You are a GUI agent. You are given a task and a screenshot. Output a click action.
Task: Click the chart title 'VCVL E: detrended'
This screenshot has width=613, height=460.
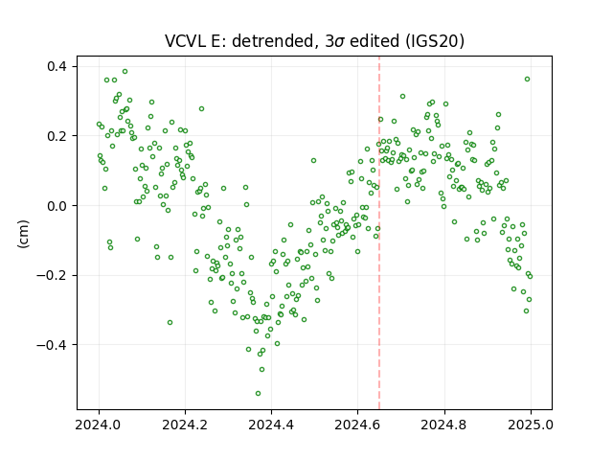[x=239, y=41]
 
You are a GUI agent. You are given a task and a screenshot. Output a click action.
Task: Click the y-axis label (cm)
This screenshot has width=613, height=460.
[x=23, y=234]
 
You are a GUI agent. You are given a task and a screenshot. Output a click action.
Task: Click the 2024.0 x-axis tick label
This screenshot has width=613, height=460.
[x=99, y=425]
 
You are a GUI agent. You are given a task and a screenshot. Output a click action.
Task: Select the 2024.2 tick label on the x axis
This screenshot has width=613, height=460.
[x=185, y=425]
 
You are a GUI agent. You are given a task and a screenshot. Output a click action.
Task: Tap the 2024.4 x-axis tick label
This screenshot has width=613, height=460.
[x=271, y=425]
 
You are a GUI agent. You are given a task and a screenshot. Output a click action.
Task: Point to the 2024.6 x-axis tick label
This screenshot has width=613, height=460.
[x=357, y=425]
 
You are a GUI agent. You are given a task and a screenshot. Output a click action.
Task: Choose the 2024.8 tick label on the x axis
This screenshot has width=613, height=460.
[x=444, y=425]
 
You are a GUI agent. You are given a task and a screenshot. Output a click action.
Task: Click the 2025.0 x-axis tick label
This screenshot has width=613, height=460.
[x=531, y=425]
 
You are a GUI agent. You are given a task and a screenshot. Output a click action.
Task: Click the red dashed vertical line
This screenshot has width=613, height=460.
[x=379, y=233]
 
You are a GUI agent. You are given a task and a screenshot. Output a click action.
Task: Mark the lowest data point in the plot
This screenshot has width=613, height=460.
[x=258, y=393]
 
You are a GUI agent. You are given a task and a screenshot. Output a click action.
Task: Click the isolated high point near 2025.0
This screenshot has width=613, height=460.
[x=527, y=79]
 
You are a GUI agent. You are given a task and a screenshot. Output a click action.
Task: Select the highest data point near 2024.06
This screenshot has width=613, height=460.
[x=125, y=72]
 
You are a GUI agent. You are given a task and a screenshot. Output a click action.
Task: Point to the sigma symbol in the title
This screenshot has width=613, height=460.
[x=339, y=42]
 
